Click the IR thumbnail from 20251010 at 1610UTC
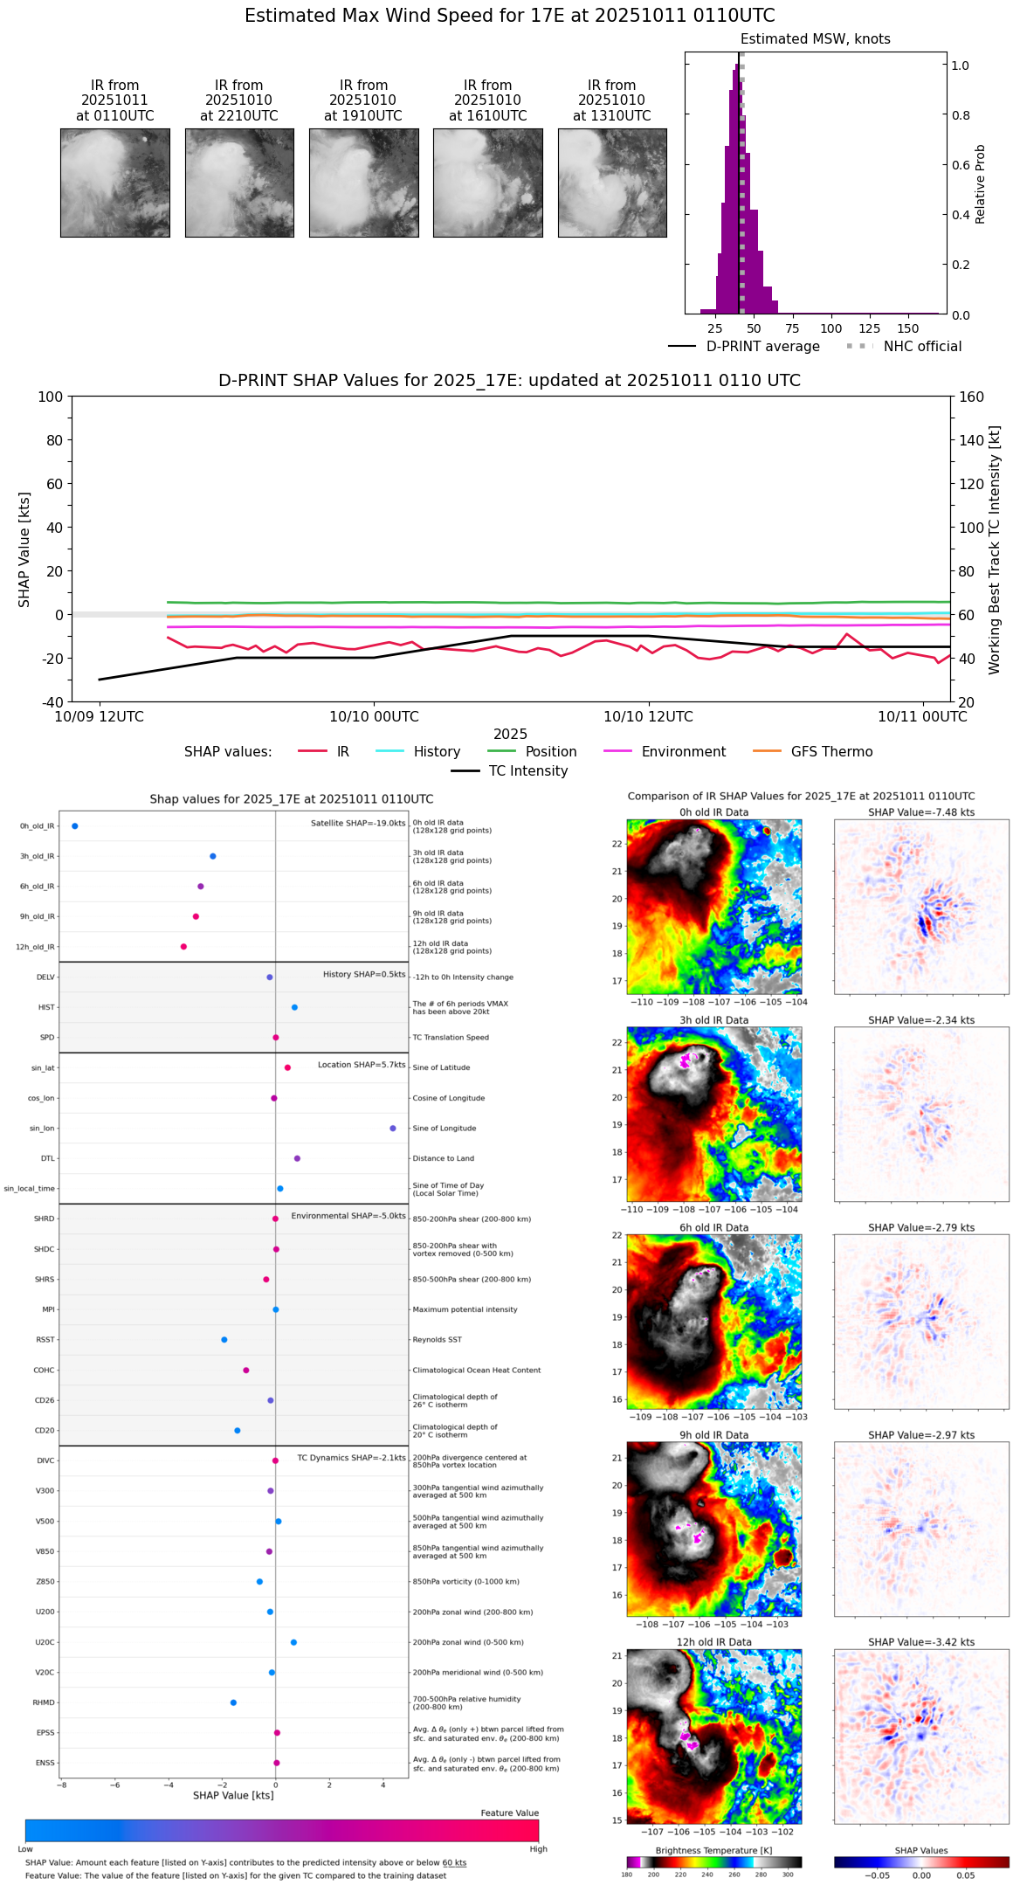click(x=488, y=183)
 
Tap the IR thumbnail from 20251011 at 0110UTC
click(x=115, y=183)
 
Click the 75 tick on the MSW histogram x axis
click(x=792, y=328)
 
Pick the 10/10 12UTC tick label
click(x=648, y=717)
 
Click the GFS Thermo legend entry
click(x=831, y=752)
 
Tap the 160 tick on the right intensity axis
click(x=972, y=397)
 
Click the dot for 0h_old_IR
click(x=75, y=826)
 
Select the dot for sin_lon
click(x=393, y=1129)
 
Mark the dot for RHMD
click(x=233, y=1702)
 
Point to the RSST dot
click(x=224, y=1340)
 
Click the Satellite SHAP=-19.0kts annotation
click(x=358, y=824)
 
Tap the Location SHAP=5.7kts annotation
click(x=362, y=1066)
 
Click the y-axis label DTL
click(x=47, y=1159)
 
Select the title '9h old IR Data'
click(x=713, y=1435)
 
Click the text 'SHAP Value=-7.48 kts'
click(x=921, y=812)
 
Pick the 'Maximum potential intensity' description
click(x=465, y=1310)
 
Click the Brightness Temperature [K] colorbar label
click(x=713, y=1851)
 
